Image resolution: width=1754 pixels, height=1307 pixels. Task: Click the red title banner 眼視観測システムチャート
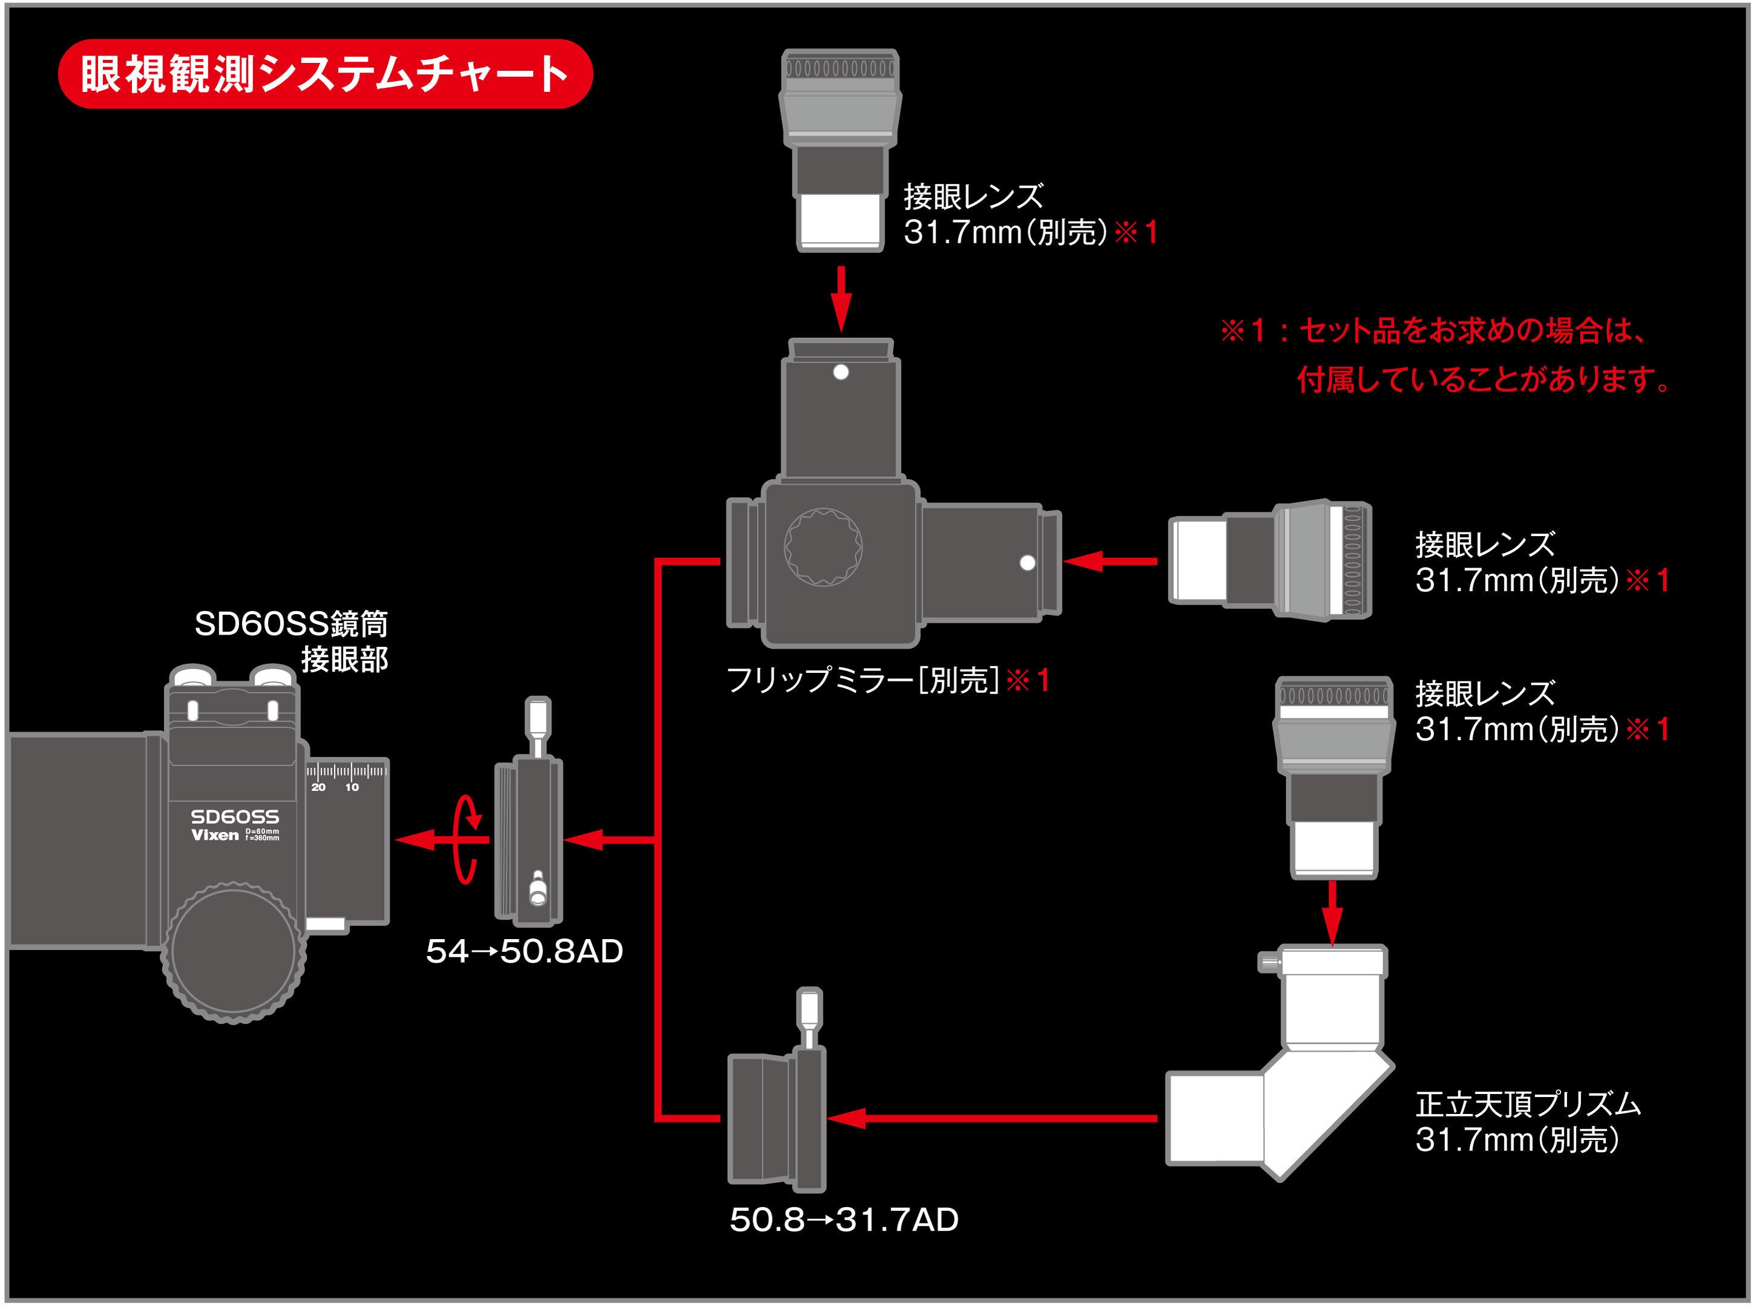pyautogui.click(x=325, y=74)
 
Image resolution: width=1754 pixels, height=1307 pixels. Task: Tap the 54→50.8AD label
pyautogui.click(x=525, y=951)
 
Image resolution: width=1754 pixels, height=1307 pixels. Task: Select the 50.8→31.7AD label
pyautogui.click(x=843, y=1219)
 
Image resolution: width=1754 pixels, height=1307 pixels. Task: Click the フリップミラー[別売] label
pyautogui.click(x=886, y=680)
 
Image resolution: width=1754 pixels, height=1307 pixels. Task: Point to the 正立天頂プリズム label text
pyautogui.click(x=1527, y=1104)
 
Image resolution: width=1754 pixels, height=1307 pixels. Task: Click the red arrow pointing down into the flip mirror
pyautogui.click(x=841, y=298)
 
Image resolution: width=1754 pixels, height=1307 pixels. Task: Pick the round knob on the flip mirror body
pyautogui.click(x=823, y=546)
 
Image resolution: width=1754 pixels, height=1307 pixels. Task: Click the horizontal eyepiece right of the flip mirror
pyautogui.click(x=1270, y=560)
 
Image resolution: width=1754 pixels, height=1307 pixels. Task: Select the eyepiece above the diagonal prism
pyautogui.click(x=1334, y=775)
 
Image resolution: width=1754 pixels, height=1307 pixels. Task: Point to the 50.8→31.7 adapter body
pyautogui.click(x=775, y=1119)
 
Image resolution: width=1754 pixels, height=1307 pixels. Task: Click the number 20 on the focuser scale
pyautogui.click(x=318, y=787)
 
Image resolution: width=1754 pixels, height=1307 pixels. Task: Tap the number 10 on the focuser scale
pyautogui.click(x=352, y=787)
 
